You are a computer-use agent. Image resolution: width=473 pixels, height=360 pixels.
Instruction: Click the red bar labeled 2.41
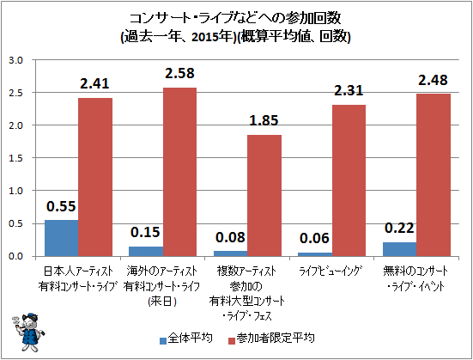(x=95, y=177)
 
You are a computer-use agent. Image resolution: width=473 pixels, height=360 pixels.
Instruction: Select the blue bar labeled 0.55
(x=61, y=238)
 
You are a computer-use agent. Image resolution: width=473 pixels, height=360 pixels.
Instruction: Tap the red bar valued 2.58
(x=179, y=172)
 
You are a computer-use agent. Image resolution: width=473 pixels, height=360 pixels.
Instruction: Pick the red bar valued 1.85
(x=264, y=195)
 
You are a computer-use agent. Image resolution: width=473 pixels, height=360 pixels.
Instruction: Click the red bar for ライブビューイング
(x=349, y=180)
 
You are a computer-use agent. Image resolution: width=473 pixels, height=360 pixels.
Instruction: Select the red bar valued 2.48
(x=434, y=174)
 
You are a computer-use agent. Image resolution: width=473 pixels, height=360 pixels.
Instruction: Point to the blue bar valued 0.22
(x=399, y=249)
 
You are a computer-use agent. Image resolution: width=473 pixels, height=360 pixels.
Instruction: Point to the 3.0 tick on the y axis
(x=15, y=60)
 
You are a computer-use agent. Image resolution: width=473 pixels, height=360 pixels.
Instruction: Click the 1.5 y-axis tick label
(x=15, y=158)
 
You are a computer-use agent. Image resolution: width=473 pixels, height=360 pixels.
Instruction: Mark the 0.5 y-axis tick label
(x=15, y=223)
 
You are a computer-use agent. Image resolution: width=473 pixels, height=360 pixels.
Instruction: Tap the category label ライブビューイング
(x=331, y=272)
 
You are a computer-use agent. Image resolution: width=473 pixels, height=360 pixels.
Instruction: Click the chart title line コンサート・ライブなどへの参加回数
(x=235, y=17)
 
